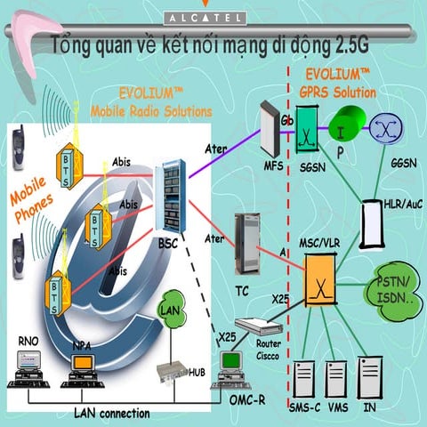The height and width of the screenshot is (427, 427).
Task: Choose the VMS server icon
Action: pyautogui.click(x=337, y=377)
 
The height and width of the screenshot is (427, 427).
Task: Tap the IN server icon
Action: pyautogui.click(x=369, y=377)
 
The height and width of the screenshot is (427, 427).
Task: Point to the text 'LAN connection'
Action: pyautogui.click(x=111, y=413)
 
